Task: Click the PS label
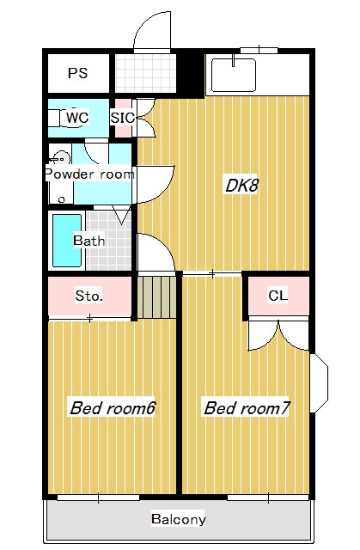pyautogui.click(x=77, y=74)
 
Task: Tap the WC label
pyautogui.click(x=76, y=117)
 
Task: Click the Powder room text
pyautogui.click(x=89, y=174)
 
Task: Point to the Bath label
pyautogui.click(x=88, y=241)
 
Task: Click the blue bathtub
pyautogui.click(x=66, y=240)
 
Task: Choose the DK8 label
pyautogui.click(x=241, y=185)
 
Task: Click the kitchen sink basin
pyautogui.click(x=234, y=75)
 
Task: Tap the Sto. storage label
pyautogui.click(x=89, y=296)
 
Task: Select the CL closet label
pyautogui.click(x=278, y=296)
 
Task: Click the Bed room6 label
pyautogui.click(x=112, y=407)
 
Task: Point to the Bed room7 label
pyautogui.click(x=246, y=407)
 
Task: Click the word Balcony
pyautogui.click(x=178, y=519)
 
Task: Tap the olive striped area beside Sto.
pyautogui.click(x=157, y=296)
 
